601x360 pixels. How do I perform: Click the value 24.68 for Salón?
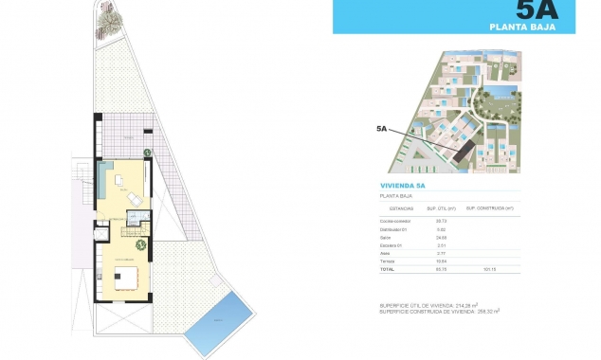click(x=441, y=237)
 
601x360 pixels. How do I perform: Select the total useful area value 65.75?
click(x=441, y=269)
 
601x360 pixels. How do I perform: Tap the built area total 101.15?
click(x=490, y=269)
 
